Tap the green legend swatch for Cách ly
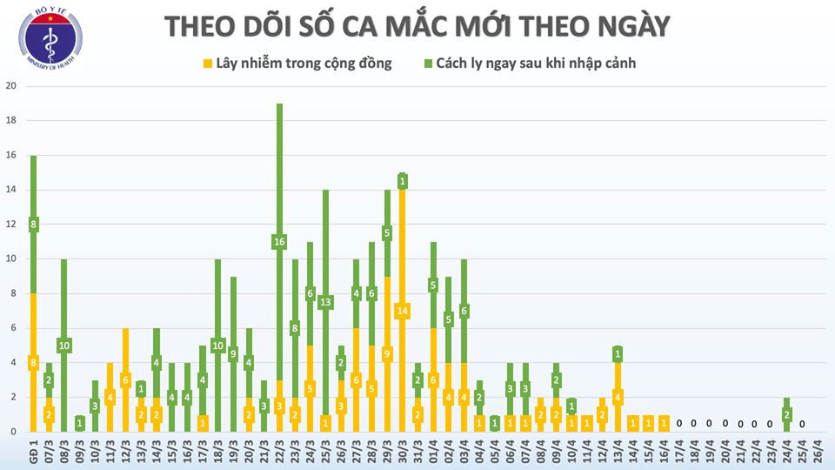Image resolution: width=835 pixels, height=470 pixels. (429, 64)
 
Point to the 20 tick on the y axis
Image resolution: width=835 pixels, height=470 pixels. (10, 86)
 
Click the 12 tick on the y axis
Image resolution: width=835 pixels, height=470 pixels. (10, 225)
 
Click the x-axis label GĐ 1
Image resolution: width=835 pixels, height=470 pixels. (33, 452)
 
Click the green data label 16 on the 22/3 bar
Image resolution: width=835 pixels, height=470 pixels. (279, 242)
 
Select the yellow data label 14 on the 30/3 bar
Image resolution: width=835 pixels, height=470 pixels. (402, 311)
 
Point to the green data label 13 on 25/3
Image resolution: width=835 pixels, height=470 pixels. (325, 302)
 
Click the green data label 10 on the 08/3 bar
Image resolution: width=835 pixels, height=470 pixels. (64, 346)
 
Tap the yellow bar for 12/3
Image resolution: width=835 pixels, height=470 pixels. (125, 379)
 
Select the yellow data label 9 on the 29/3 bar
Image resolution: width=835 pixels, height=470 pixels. (387, 353)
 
